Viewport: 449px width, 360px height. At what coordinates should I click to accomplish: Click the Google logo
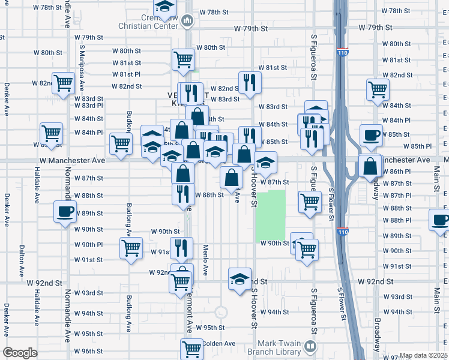(x=20, y=353)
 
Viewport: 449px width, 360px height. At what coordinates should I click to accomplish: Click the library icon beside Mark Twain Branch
(x=310, y=346)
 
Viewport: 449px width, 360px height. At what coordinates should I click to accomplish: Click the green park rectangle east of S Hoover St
(x=270, y=215)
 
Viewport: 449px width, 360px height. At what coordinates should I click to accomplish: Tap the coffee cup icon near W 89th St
(x=65, y=211)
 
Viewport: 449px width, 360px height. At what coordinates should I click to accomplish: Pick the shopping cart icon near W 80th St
(x=183, y=59)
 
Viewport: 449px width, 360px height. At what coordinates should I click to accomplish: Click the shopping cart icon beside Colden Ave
(x=192, y=347)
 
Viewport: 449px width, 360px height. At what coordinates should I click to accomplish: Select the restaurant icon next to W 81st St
(x=249, y=82)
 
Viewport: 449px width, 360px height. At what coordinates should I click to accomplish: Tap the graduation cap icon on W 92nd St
(x=240, y=279)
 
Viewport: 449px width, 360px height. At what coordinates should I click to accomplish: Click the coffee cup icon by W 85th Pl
(x=371, y=135)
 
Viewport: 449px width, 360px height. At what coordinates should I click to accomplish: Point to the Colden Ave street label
(x=219, y=344)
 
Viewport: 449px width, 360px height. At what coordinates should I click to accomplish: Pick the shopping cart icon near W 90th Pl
(x=131, y=248)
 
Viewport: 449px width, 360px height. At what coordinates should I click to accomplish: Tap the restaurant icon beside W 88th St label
(x=183, y=194)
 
